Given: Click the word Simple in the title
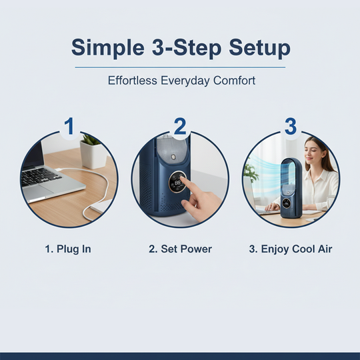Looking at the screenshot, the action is click(108, 48).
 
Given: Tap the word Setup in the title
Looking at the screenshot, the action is click(260, 48).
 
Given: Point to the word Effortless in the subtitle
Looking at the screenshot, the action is click(133, 81).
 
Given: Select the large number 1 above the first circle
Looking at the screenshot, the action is click(69, 126).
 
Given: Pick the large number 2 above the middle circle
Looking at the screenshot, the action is click(180, 126).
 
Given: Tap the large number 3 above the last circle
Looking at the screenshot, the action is click(291, 126).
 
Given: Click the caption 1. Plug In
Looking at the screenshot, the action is click(68, 249).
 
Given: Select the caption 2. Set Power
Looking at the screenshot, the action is click(180, 249).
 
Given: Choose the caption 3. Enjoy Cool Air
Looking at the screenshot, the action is click(291, 249).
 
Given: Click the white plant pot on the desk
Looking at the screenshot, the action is click(93, 155).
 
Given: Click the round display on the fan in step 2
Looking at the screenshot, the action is click(177, 181).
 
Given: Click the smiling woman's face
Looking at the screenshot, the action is click(312, 153).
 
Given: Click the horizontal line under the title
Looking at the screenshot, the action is click(180, 67).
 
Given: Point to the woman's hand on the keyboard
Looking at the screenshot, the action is click(273, 207).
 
